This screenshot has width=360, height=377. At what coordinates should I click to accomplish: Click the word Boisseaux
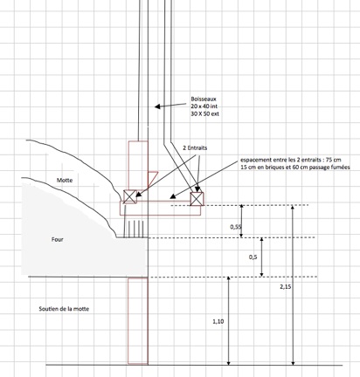[204, 99]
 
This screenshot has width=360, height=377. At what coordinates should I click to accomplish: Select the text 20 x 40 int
[204, 106]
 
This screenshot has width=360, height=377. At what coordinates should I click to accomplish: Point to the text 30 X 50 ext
[204, 113]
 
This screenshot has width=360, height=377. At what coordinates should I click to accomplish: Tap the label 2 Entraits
[195, 147]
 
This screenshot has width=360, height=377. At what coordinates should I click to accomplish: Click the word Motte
[65, 180]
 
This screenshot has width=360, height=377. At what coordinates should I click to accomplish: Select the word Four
[57, 239]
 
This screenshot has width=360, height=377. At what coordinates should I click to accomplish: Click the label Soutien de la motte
[64, 309]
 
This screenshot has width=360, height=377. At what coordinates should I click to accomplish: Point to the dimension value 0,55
[236, 227]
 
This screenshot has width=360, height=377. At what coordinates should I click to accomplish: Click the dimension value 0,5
[253, 257]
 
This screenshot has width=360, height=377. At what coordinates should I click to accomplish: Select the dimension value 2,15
[286, 286]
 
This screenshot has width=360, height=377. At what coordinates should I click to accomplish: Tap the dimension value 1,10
[218, 321]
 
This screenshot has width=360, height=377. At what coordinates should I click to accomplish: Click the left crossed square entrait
[130, 196]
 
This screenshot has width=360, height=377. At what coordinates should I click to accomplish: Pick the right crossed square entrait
[197, 199]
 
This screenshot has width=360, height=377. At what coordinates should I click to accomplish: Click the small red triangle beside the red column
[152, 177]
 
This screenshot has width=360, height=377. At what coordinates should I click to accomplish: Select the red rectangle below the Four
[138, 321]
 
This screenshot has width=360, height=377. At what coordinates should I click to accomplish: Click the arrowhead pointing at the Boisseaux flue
[157, 106]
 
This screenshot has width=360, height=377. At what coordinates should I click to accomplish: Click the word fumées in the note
[342, 168]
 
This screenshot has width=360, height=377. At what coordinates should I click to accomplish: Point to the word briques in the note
[267, 168]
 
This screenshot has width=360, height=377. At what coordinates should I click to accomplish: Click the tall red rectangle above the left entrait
[138, 166]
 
